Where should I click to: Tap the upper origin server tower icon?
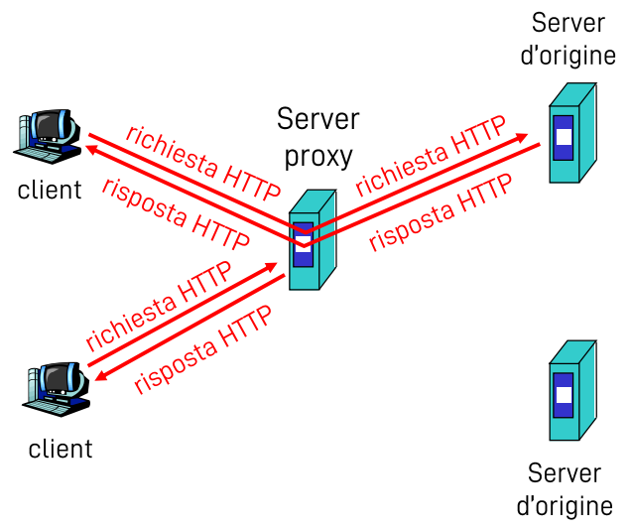pyautogui.click(x=570, y=132)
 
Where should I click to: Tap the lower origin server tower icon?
pyautogui.click(x=570, y=390)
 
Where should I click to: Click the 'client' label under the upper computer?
pyautogui.click(x=50, y=190)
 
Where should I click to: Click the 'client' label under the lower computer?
pyautogui.click(x=61, y=449)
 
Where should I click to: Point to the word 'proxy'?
pyautogui.click(x=318, y=156)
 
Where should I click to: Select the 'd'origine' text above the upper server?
pyautogui.click(x=569, y=55)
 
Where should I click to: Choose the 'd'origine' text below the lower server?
pyautogui.click(x=565, y=505)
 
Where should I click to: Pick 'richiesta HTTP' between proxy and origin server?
pyautogui.click(x=431, y=155)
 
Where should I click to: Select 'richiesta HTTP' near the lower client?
pyautogui.click(x=159, y=306)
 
